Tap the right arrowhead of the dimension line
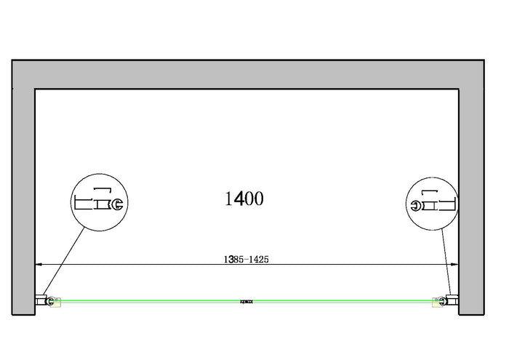pyautogui.click(x=455, y=265)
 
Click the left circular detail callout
pyautogui.click(x=101, y=203)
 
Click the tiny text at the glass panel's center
pyautogui.click(x=248, y=299)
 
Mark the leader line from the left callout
pyautogui.click(x=64, y=262)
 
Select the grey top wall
pyautogui.click(x=247, y=73)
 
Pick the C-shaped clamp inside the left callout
pyautogui.click(x=119, y=205)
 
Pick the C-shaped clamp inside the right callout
pyautogui.click(x=416, y=205)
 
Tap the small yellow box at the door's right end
pyautogui.click(x=438, y=300)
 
